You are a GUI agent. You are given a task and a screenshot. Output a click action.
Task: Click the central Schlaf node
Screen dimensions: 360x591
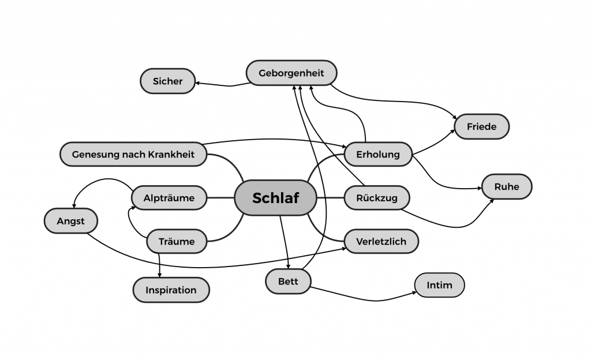(x=276, y=198)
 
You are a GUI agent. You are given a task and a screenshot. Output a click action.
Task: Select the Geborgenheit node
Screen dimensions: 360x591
(x=291, y=73)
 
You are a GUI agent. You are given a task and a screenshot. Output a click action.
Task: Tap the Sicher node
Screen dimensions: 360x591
(x=167, y=81)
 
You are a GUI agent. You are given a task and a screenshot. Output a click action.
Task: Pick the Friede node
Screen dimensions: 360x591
(x=482, y=127)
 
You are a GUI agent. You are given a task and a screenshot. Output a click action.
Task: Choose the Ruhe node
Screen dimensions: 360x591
(x=506, y=187)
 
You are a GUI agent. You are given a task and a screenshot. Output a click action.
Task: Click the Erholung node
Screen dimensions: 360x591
(x=378, y=155)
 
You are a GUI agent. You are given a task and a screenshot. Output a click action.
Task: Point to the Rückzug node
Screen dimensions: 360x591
(x=377, y=198)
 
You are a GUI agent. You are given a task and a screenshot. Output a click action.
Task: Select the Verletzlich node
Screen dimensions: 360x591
(x=381, y=241)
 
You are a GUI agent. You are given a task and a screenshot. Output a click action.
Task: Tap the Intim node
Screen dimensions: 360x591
(x=439, y=285)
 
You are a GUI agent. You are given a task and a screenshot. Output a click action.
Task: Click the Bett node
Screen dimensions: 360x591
(x=288, y=282)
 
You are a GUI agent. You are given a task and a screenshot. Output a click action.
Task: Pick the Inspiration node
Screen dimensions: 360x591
(x=171, y=290)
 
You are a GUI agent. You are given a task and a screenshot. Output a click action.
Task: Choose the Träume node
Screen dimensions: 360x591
(x=177, y=241)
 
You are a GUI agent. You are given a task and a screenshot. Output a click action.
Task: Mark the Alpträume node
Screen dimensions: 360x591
(x=169, y=198)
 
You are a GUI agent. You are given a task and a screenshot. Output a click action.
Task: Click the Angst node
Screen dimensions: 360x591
(x=70, y=221)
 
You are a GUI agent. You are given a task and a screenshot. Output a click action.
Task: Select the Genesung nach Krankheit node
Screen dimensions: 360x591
(x=133, y=155)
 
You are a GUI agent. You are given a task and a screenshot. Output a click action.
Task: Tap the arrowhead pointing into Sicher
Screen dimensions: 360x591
(x=197, y=83)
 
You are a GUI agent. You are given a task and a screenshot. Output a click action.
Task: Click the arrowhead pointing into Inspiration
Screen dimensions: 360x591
(x=159, y=275)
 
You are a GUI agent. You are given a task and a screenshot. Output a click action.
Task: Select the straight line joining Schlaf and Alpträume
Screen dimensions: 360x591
(x=220, y=198)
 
